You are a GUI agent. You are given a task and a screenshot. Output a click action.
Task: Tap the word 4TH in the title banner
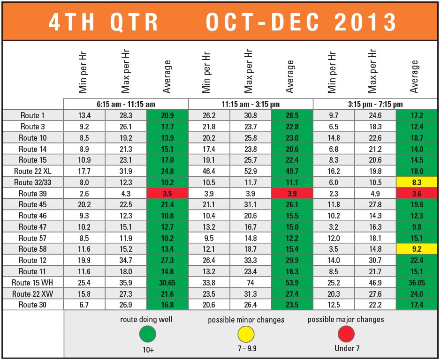point(75,22)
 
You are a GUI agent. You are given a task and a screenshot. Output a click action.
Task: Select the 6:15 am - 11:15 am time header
point(126,104)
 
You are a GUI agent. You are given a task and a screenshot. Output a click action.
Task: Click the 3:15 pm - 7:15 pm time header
point(375,104)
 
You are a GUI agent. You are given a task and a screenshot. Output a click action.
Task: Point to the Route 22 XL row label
point(33,171)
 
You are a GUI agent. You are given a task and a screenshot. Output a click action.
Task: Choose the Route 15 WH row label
point(33,283)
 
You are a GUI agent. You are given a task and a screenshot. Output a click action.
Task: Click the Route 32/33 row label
point(33,182)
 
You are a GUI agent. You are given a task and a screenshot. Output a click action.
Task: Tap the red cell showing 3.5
point(167,194)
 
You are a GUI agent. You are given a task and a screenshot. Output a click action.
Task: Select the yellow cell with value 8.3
point(417,182)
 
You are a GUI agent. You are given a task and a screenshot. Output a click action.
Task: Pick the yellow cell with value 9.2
point(417,249)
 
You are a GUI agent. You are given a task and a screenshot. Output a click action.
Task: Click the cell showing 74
point(251,283)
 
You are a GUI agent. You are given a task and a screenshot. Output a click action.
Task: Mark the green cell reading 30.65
point(167,283)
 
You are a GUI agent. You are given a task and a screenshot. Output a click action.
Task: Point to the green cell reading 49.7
point(292,171)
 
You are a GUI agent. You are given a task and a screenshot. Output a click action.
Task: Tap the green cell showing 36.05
point(417,283)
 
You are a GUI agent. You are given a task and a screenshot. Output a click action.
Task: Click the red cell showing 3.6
point(417,194)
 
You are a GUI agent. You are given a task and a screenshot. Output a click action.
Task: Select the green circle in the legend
point(148,334)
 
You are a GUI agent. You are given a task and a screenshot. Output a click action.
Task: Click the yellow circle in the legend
point(246,334)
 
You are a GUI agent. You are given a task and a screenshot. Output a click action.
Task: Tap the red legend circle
point(346,334)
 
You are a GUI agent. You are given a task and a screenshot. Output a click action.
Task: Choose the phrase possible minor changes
point(246,320)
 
